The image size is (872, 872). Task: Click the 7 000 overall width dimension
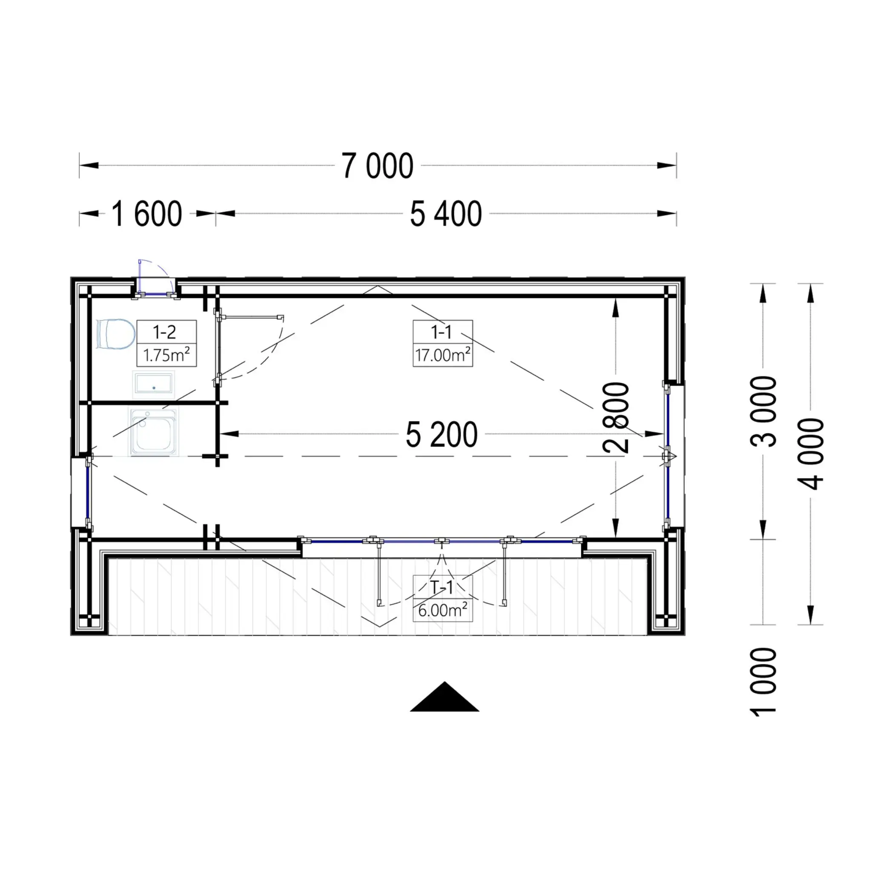click(377, 166)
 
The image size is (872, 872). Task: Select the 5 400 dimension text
click(445, 213)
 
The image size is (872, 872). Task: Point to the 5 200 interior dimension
click(442, 434)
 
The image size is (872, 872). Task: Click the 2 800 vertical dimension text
click(616, 418)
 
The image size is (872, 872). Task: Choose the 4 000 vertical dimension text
click(811, 453)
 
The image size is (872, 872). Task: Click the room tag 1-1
click(442, 332)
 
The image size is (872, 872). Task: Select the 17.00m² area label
click(443, 355)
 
